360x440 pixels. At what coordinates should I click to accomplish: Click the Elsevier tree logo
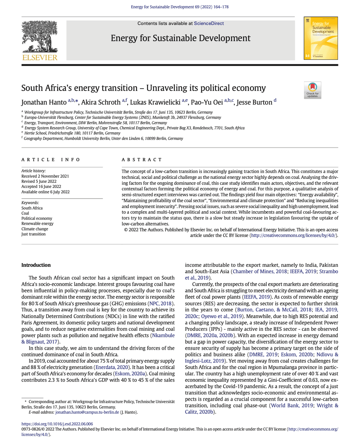click(x=40, y=40)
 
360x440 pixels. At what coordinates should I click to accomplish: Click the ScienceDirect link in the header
click(x=209, y=23)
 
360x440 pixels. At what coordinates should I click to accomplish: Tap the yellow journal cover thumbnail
click(x=321, y=38)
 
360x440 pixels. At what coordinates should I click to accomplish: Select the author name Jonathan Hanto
click(x=44, y=102)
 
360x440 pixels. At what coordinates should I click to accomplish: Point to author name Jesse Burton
click(x=254, y=102)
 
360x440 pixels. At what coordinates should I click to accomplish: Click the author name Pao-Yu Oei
click(x=207, y=102)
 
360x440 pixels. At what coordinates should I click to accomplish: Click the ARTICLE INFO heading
click(x=51, y=160)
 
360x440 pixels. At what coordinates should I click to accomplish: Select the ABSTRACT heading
click(x=142, y=160)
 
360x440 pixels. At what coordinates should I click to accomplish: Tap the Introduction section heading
click(x=36, y=265)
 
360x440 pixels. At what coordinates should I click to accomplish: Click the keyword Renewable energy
click(x=37, y=223)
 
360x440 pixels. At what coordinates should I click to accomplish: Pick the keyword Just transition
click(x=33, y=234)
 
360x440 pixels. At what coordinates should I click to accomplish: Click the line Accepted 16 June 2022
click(x=41, y=187)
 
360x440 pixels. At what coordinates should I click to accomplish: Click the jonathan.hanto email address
click(x=87, y=412)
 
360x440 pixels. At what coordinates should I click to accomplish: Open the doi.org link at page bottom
click(x=57, y=424)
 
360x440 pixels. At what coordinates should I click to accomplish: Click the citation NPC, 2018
click(x=160, y=303)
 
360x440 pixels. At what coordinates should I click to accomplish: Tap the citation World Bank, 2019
click(x=292, y=405)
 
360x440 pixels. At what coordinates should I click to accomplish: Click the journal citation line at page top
click(x=180, y=7)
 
